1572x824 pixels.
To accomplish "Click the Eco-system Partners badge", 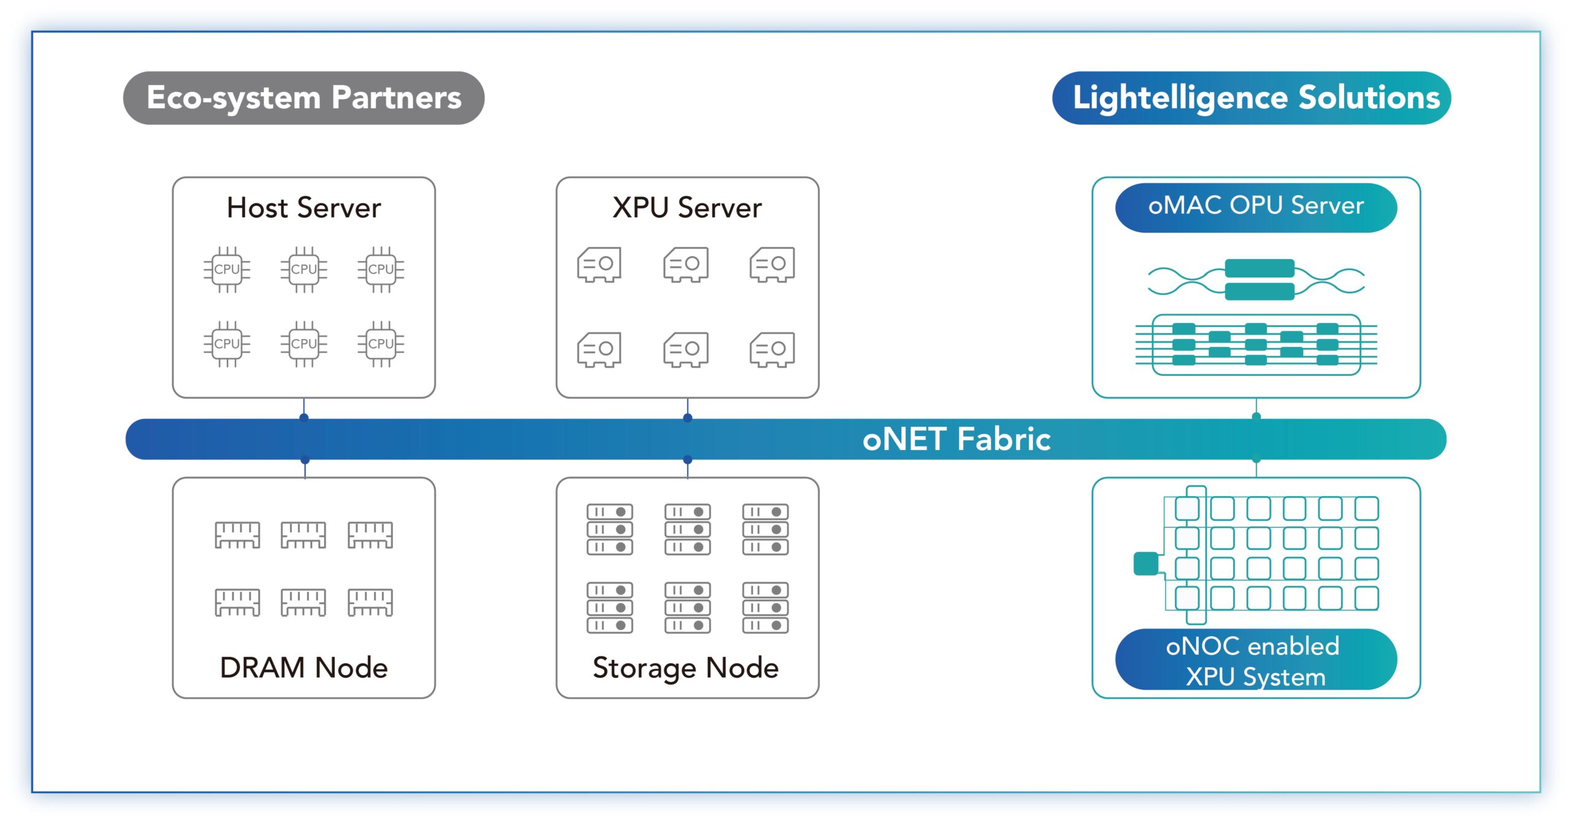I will point(303,98).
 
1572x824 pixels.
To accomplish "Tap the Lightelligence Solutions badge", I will point(1251,98).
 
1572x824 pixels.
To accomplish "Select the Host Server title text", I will point(303,208).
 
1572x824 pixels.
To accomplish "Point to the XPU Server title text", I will point(687,208).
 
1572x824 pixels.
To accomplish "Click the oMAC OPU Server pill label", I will point(1255,206).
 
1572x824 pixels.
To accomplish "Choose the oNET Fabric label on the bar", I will point(956,439).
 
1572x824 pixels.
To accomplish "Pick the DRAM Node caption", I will point(303,667).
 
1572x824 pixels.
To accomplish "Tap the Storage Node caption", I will point(685,667).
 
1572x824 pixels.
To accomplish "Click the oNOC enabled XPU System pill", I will point(1255,661).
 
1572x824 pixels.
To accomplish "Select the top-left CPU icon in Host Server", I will point(227,270).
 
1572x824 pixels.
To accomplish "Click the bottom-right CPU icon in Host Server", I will point(381,344).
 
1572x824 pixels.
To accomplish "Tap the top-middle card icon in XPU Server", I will point(686,265).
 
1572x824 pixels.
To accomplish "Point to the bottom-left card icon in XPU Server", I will point(599,349).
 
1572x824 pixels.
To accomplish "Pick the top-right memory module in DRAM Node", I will point(370,535).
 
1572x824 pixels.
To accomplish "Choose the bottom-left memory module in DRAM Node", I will point(237,602).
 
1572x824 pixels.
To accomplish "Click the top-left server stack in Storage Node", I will point(609,529).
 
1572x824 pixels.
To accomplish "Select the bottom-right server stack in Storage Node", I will point(765,607).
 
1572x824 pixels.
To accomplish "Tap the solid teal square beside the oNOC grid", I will point(1146,564).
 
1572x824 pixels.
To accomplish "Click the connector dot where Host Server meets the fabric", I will point(303,418).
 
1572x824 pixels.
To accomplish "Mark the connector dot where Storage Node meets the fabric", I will point(687,460).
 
